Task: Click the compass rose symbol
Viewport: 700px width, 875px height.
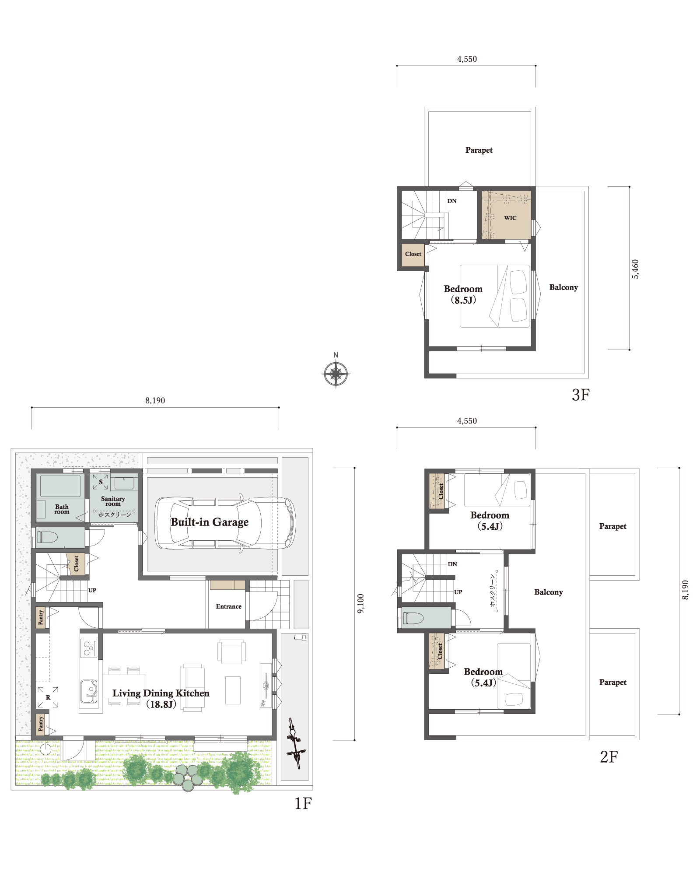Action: (336, 374)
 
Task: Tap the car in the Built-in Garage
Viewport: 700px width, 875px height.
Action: (225, 523)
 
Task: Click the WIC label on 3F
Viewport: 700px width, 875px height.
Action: (510, 218)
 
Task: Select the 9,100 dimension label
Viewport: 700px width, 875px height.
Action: (360, 603)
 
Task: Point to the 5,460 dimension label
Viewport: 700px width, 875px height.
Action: (635, 269)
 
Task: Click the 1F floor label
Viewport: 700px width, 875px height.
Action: (303, 803)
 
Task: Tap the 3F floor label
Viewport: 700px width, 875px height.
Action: (581, 395)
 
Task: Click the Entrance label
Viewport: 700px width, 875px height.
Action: (228, 606)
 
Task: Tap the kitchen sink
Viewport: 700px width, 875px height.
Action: (88, 691)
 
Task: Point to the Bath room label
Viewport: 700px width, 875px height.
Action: (62, 509)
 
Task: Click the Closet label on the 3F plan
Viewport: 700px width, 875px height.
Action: (413, 254)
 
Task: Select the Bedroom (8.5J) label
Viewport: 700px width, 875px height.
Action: (463, 294)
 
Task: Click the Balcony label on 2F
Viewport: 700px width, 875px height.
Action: (548, 592)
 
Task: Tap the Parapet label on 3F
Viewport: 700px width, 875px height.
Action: (479, 150)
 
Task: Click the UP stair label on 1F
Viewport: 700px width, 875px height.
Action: (92, 590)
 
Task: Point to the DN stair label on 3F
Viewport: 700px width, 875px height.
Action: (452, 201)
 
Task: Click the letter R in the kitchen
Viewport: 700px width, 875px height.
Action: (48, 697)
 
